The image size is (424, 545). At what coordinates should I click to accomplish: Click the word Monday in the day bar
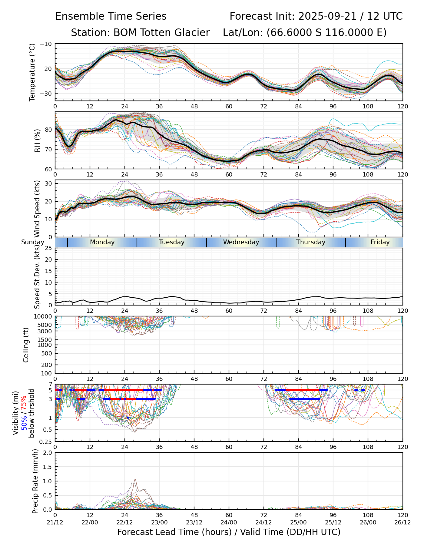coord(102,242)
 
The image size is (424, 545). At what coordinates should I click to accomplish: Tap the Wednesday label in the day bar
coord(241,242)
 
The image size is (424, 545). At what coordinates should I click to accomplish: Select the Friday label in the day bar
coord(380,242)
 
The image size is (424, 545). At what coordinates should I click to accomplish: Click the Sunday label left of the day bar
coord(33,242)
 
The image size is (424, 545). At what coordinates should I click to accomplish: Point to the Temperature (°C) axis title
coord(32,72)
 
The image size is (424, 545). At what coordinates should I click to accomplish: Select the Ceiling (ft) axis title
coord(26,345)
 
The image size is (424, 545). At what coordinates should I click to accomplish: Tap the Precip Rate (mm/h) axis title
coord(35,481)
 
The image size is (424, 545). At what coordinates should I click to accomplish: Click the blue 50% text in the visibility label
coord(24,421)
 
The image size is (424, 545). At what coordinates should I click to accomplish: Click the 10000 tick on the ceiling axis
coord(44,317)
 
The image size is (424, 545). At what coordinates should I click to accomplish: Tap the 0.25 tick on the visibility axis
coord(46,441)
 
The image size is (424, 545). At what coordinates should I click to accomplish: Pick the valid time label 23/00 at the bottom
coord(159,522)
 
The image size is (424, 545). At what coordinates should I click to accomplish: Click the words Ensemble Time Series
coord(111,16)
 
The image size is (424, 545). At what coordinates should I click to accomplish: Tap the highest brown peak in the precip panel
coord(135,480)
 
